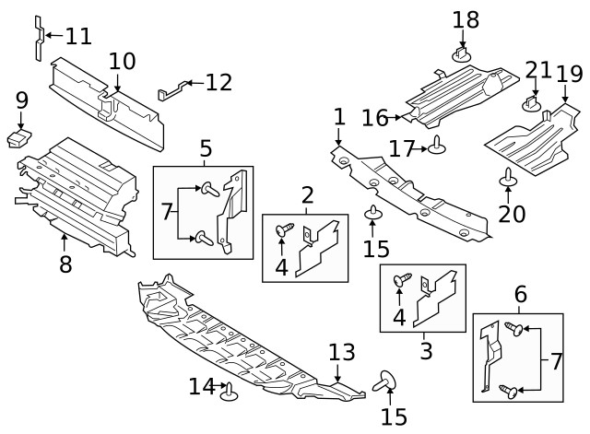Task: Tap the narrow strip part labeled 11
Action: coord(39,37)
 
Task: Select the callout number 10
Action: coord(122,61)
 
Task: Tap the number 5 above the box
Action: coord(205,147)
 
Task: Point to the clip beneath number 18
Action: coord(463,55)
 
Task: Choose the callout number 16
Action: coord(375,117)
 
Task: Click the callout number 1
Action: coord(339,116)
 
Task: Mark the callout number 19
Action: coord(569,73)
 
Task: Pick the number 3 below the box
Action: coord(426,350)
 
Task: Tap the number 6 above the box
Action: coord(521,295)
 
